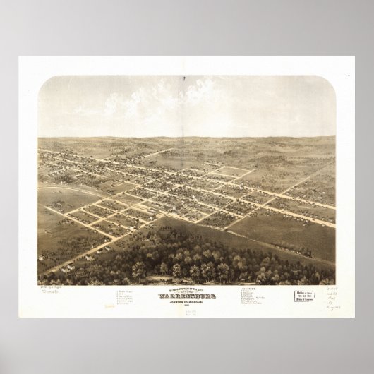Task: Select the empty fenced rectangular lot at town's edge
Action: click(x=232, y=171)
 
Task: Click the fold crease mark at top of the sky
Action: click(x=186, y=88)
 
